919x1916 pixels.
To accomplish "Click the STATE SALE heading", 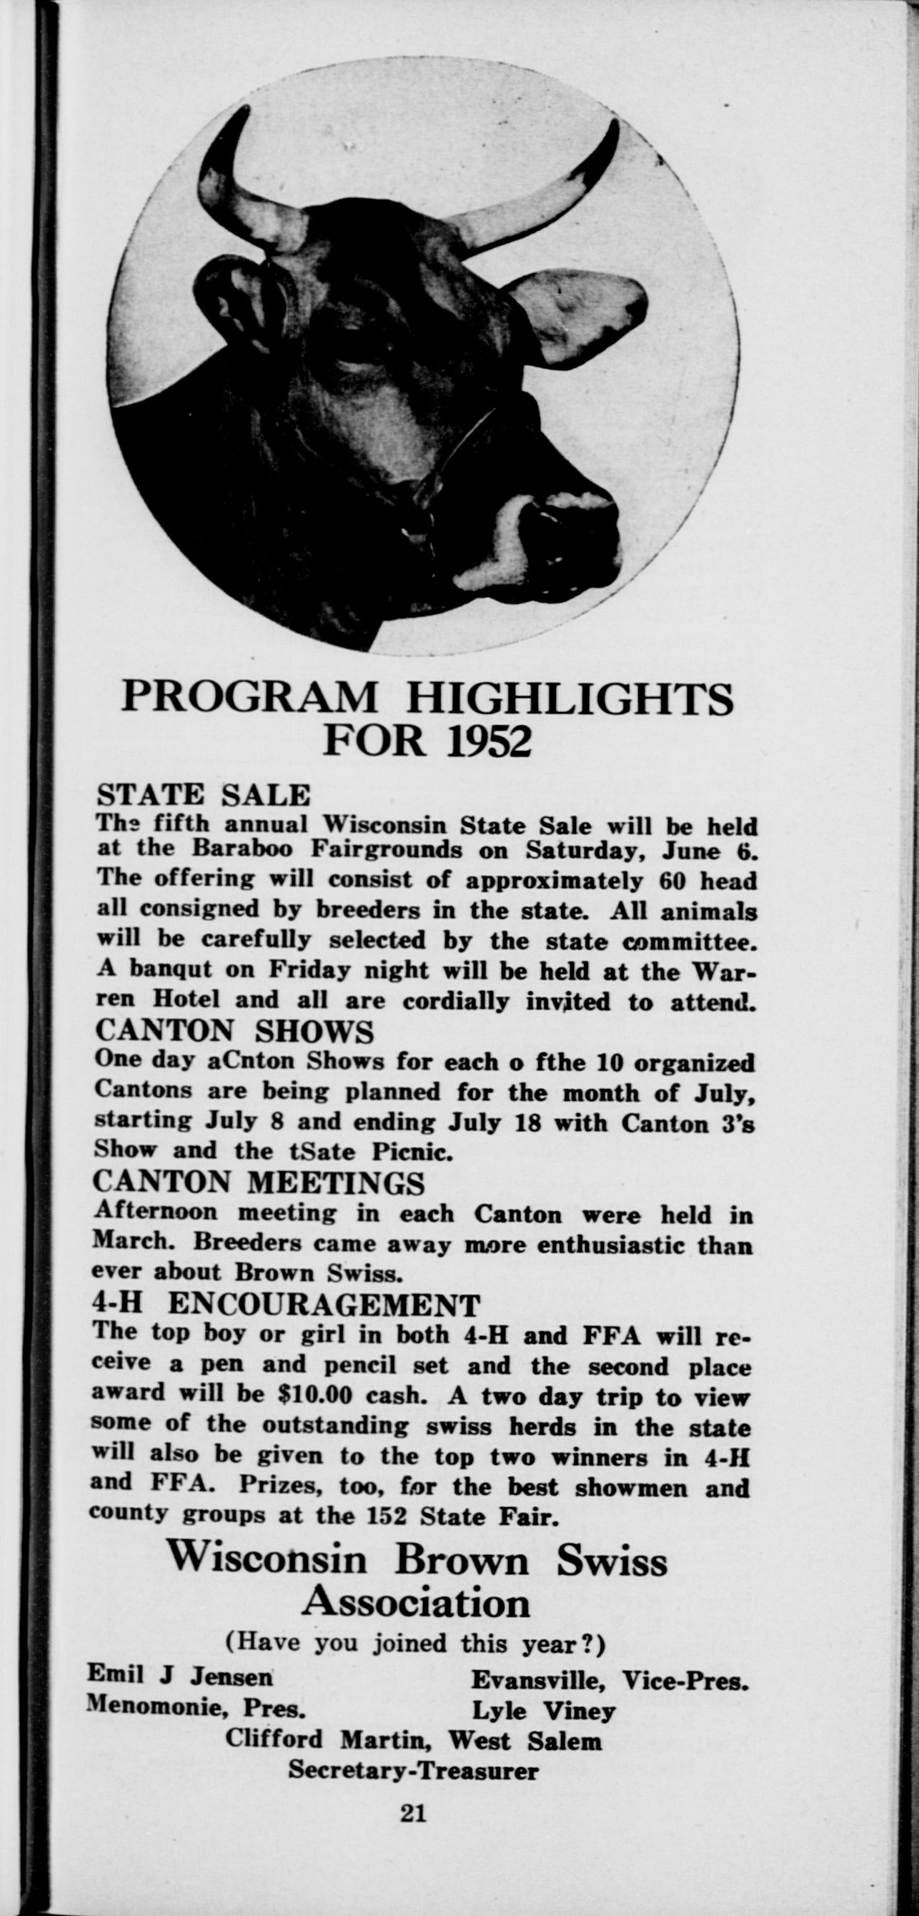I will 204,795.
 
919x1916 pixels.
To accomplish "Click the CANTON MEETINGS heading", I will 260,1182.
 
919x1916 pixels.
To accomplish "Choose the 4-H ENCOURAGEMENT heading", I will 286,1304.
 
